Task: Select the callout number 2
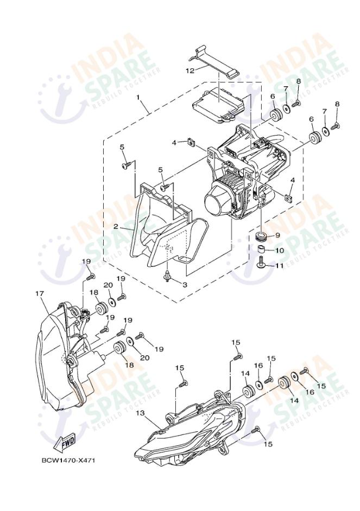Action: coord(115,227)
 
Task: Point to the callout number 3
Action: coord(184,284)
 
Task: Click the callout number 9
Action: coord(277,235)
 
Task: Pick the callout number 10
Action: coord(279,251)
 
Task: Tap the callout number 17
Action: coord(39,293)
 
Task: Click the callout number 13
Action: coord(140,413)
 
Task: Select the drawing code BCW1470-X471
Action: coord(68,461)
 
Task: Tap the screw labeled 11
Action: coord(261,266)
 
